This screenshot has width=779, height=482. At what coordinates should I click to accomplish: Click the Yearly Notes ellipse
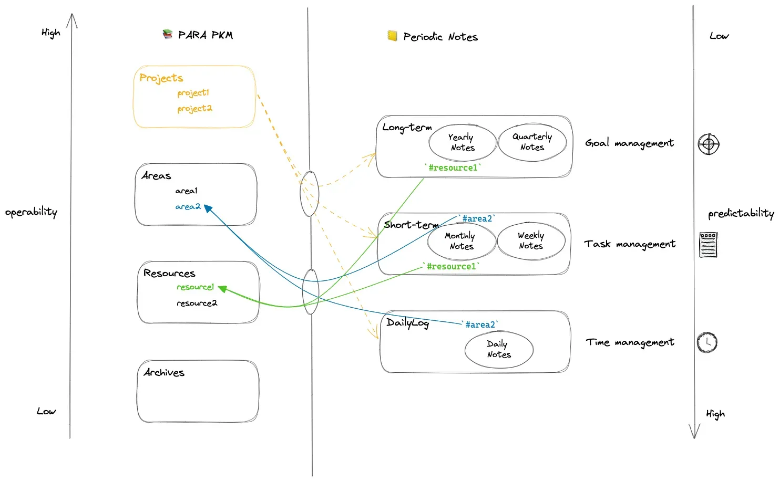click(463, 143)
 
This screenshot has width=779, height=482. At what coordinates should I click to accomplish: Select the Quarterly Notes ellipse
click(532, 142)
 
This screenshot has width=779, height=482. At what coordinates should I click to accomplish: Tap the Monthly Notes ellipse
click(462, 242)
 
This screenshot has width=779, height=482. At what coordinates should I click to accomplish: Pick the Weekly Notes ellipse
click(531, 241)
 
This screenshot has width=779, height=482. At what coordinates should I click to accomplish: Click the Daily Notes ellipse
click(499, 350)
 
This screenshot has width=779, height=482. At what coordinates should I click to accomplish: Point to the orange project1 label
click(193, 93)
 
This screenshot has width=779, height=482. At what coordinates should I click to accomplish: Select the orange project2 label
click(194, 109)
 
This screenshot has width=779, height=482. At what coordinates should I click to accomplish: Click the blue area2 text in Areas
click(188, 207)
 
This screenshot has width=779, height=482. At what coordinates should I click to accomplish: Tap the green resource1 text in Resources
click(195, 287)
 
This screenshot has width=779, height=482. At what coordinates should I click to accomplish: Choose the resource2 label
click(197, 303)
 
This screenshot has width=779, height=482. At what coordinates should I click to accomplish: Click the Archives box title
click(164, 373)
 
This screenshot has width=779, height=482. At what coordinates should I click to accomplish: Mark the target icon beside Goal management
click(709, 144)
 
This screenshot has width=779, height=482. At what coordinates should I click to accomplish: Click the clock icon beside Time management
click(707, 342)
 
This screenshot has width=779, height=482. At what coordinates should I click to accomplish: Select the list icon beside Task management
click(708, 245)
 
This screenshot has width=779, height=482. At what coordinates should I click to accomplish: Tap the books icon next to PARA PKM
click(168, 35)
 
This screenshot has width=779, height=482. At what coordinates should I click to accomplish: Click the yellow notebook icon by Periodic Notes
click(392, 36)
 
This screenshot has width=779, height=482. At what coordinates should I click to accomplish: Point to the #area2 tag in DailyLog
click(480, 325)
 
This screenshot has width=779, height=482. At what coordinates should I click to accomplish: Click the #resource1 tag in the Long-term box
click(453, 168)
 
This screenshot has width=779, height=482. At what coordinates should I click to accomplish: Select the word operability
click(31, 212)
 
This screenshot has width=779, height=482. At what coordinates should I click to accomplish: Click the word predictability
click(741, 214)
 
